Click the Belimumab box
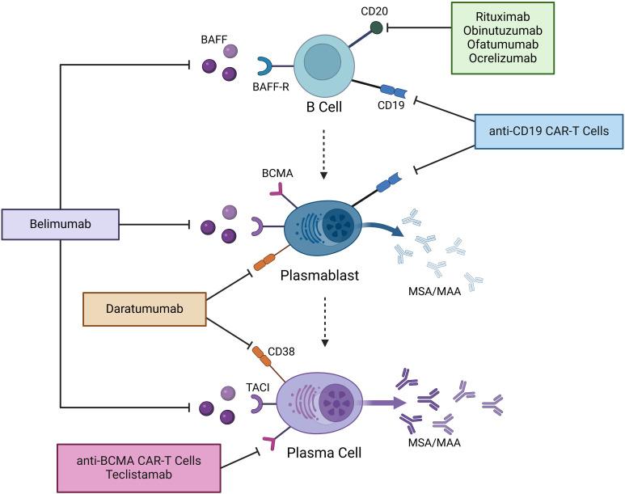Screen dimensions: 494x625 pos(61,224)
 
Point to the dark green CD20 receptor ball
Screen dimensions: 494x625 pos(377,28)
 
